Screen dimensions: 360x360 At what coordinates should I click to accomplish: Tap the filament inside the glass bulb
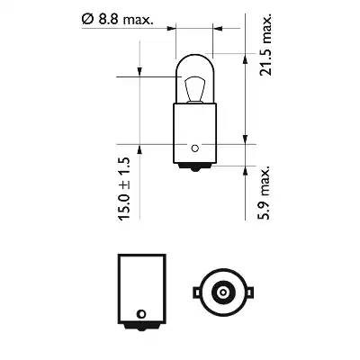[x=191, y=91]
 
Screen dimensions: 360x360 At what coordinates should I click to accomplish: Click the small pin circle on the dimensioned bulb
[x=193, y=148]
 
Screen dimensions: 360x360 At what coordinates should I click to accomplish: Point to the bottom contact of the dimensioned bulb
[x=193, y=168]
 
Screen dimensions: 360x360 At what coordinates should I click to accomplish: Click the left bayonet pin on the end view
[x=194, y=292]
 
